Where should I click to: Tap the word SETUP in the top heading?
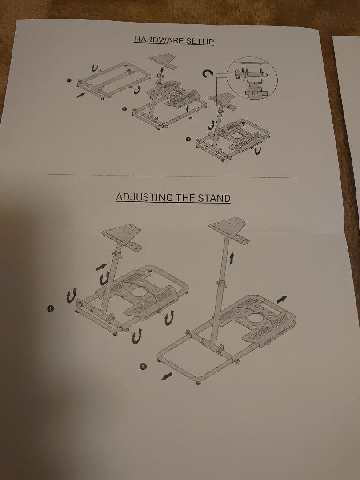point(200,41)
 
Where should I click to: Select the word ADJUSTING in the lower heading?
point(144,197)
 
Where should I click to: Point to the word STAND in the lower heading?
point(214,198)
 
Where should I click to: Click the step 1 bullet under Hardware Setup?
point(69,80)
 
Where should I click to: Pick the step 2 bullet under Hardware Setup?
point(124,109)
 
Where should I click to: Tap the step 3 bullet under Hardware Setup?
point(188,139)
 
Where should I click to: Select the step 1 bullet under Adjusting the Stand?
point(50,308)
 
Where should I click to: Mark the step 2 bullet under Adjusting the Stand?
point(143,366)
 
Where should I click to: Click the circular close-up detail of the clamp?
point(252,78)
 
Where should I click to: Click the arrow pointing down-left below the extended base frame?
point(166,376)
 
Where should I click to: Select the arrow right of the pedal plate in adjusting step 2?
point(282,299)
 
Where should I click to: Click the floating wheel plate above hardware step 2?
point(163,60)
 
